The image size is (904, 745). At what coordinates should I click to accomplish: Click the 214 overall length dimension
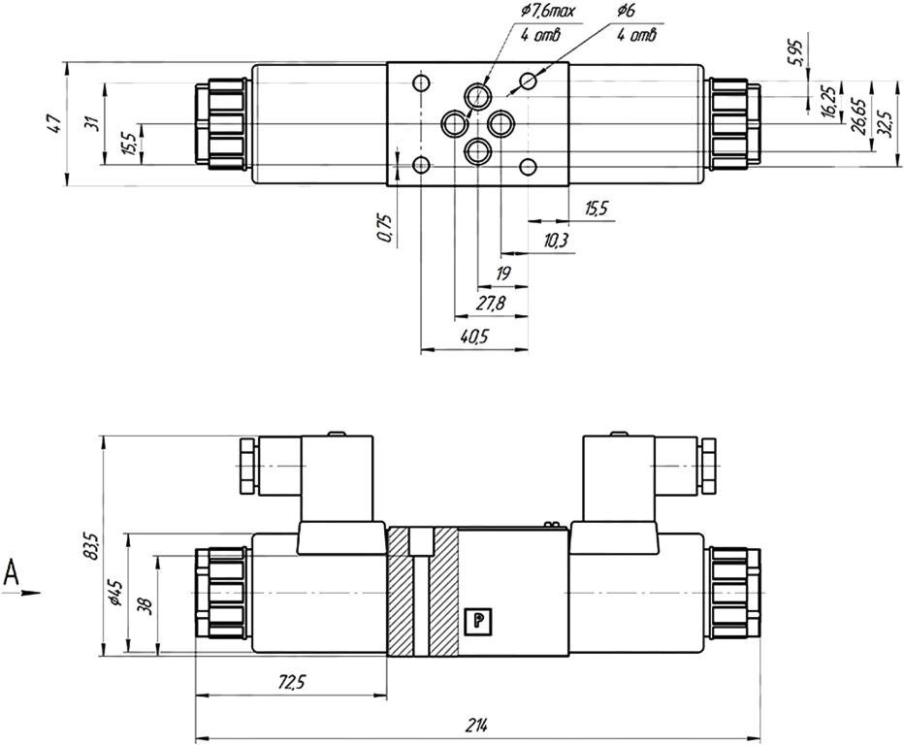[x=477, y=726]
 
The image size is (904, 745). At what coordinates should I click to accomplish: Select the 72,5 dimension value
[x=291, y=683]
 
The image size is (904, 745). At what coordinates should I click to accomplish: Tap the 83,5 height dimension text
[x=91, y=546]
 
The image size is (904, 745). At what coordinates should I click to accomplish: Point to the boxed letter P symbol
[x=478, y=621]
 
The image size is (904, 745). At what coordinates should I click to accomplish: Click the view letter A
[x=11, y=572]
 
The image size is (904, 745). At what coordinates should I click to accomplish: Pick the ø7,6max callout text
[x=548, y=11]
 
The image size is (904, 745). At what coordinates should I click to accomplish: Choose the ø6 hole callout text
[x=626, y=11]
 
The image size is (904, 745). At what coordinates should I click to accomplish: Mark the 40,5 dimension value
[x=474, y=337]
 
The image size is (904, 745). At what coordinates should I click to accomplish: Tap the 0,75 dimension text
[x=385, y=228]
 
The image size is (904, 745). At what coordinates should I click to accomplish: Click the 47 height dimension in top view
[x=53, y=124]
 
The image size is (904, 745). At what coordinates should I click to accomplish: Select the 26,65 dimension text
[x=859, y=116]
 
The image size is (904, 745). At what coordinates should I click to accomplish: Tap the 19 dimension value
[x=503, y=274]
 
